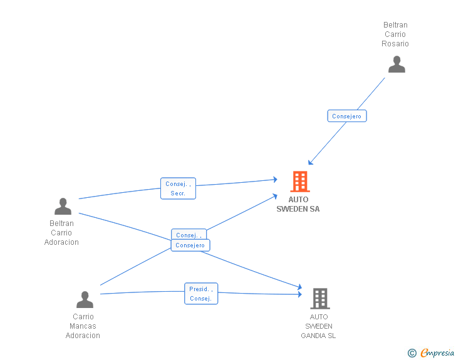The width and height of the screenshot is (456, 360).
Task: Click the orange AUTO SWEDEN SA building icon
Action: click(300, 182)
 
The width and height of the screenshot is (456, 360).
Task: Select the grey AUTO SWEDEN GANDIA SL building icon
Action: click(320, 299)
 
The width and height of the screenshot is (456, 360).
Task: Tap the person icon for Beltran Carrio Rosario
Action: click(396, 64)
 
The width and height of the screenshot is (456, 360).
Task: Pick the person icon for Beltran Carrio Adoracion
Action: click(63, 206)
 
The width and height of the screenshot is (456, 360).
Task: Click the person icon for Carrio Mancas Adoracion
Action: click(85, 299)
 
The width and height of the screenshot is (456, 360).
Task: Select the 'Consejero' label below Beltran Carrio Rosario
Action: click(347, 116)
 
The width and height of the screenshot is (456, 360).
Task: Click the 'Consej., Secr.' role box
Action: click(179, 188)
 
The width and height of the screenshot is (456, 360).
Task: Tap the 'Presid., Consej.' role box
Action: click(201, 294)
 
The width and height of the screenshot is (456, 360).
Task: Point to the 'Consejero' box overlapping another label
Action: click(190, 245)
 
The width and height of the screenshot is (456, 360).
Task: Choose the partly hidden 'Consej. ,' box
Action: click(189, 234)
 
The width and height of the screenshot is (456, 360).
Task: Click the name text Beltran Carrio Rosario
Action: click(395, 34)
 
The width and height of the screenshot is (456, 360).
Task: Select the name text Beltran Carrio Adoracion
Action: click(61, 233)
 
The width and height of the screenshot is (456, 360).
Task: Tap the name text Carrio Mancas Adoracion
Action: click(83, 326)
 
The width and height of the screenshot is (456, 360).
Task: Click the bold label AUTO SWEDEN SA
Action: click(298, 204)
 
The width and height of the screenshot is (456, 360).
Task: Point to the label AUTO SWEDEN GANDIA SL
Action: click(318, 326)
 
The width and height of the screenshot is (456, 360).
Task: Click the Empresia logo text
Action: click(437, 353)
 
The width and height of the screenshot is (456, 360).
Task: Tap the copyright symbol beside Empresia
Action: click(412, 353)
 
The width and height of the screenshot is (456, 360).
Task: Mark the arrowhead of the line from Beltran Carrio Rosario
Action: click(310, 163)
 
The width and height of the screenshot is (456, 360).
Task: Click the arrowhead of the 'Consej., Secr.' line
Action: click(275, 180)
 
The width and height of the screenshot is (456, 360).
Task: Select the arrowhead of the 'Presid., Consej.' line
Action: click(300, 294)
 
